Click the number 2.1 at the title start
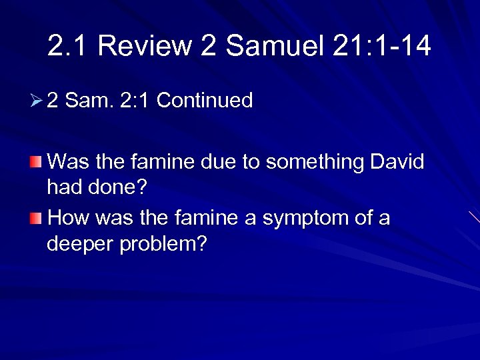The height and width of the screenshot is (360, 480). pyautogui.click(x=69, y=46)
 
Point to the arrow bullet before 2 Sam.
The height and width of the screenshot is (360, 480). pyautogui.click(x=37, y=101)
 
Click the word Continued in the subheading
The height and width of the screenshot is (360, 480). pyautogui.click(x=204, y=101)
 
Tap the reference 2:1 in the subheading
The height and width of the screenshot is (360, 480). pyautogui.click(x=135, y=101)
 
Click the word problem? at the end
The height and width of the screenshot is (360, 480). pyautogui.click(x=165, y=244)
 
